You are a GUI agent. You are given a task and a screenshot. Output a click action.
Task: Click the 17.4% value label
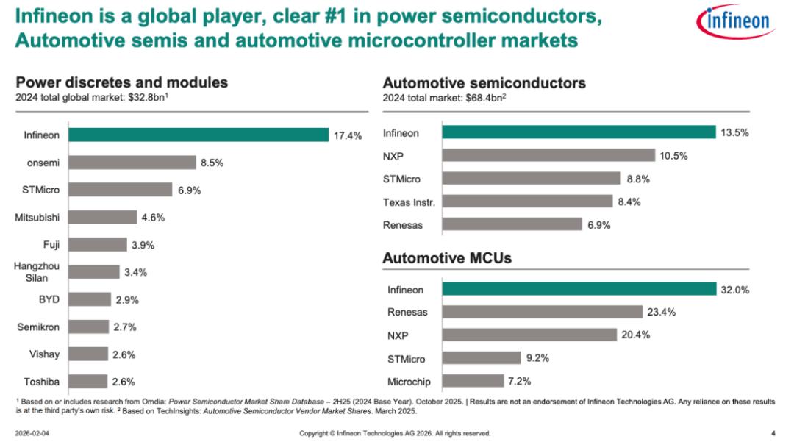(x=348, y=135)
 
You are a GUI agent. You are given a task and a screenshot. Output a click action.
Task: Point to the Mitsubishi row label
(x=37, y=217)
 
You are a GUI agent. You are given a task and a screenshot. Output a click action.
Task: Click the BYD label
(x=49, y=299)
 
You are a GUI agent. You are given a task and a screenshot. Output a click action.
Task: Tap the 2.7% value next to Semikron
(x=124, y=327)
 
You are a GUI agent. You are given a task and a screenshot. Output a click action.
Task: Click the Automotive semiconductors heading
(x=484, y=82)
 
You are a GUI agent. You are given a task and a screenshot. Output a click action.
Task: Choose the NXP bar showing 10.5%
(x=548, y=155)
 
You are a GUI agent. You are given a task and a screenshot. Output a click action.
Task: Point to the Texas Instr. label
(x=409, y=202)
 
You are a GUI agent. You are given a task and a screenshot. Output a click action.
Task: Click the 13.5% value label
(x=734, y=132)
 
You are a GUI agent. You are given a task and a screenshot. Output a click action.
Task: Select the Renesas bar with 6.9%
(x=512, y=224)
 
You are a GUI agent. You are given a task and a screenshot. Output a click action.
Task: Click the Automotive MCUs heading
(x=447, y=258)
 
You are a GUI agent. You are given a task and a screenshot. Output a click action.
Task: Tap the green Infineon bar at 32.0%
(x=578, y=289)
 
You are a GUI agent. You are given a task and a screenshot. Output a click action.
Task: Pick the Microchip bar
(x=472, y=381)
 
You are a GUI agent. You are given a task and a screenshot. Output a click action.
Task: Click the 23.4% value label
(x=661, y=312)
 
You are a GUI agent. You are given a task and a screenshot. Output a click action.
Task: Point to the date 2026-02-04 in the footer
(x=32, y=433)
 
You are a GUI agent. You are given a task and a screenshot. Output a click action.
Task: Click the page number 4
(x=773, y=432)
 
